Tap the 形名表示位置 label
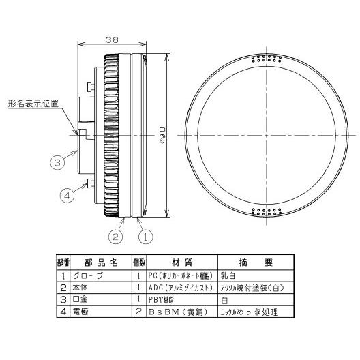[33, 104]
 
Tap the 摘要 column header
[255, 262]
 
